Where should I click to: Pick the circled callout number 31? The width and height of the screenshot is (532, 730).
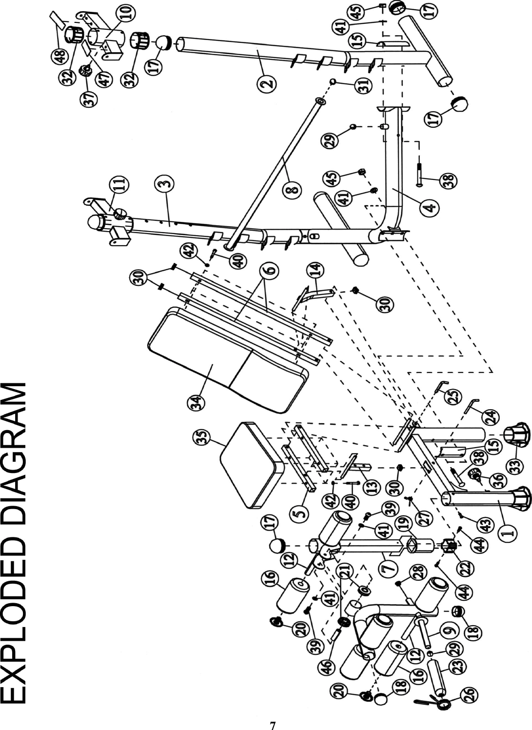coord(362,87)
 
